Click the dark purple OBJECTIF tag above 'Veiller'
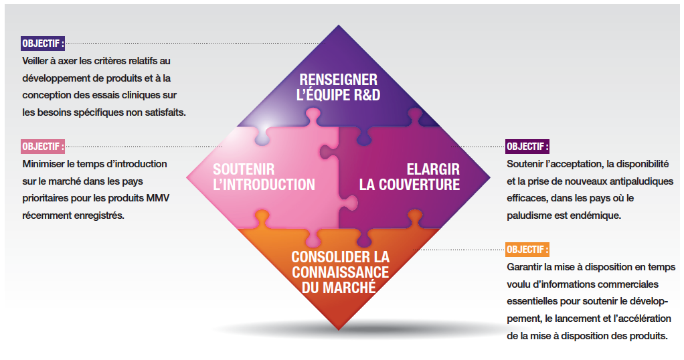tap(44, 44)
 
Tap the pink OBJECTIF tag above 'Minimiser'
tap(44, 146)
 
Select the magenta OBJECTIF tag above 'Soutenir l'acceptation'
tap(527, 146)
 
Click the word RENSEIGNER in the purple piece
tap(338, 80)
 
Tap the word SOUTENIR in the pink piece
tap(244, 170)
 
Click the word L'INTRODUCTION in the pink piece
tap(264, 185)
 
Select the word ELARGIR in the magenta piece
tap(433, 170)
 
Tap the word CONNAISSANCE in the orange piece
tap(340, 272)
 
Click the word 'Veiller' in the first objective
tap(37, 61)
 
